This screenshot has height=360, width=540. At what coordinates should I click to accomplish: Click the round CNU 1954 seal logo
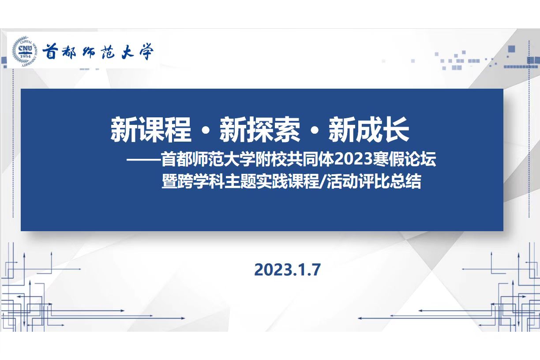25,52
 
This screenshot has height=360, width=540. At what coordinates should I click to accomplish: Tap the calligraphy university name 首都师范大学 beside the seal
98,52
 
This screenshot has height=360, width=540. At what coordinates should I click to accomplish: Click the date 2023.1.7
287,270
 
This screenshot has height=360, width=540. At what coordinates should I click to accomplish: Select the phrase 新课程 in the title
151,129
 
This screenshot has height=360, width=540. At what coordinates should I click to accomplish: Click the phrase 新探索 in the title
260,129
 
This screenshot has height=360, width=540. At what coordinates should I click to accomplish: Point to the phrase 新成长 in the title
369,129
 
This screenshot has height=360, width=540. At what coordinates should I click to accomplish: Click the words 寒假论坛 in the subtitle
404,159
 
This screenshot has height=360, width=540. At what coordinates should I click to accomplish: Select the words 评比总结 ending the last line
390,181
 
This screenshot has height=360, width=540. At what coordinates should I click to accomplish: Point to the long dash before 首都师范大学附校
144,159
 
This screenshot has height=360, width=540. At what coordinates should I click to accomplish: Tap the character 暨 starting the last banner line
169,181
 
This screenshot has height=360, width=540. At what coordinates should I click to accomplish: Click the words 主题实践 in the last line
256,181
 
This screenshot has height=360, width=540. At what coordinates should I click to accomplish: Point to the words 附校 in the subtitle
271,159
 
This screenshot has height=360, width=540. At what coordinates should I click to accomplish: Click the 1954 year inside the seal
25,56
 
